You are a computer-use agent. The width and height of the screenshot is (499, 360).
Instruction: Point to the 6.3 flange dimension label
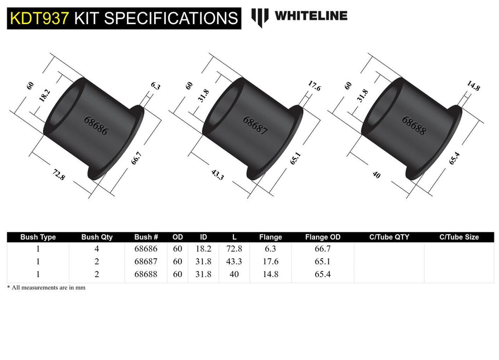156,86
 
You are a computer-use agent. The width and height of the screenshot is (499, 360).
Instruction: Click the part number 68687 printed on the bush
255,124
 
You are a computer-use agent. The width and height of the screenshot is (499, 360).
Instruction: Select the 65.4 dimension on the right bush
454,156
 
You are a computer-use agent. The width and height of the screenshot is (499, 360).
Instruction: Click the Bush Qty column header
97,237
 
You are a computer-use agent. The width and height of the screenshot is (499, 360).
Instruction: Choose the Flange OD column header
322,237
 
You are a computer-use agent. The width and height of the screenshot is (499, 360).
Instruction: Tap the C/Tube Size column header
458,237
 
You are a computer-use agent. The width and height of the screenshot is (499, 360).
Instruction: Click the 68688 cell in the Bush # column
146,275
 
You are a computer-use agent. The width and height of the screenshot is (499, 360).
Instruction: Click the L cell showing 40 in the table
234,275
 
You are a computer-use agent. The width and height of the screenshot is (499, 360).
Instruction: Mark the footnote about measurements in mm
46,287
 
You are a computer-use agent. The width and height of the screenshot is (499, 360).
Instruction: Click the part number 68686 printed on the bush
96,124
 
